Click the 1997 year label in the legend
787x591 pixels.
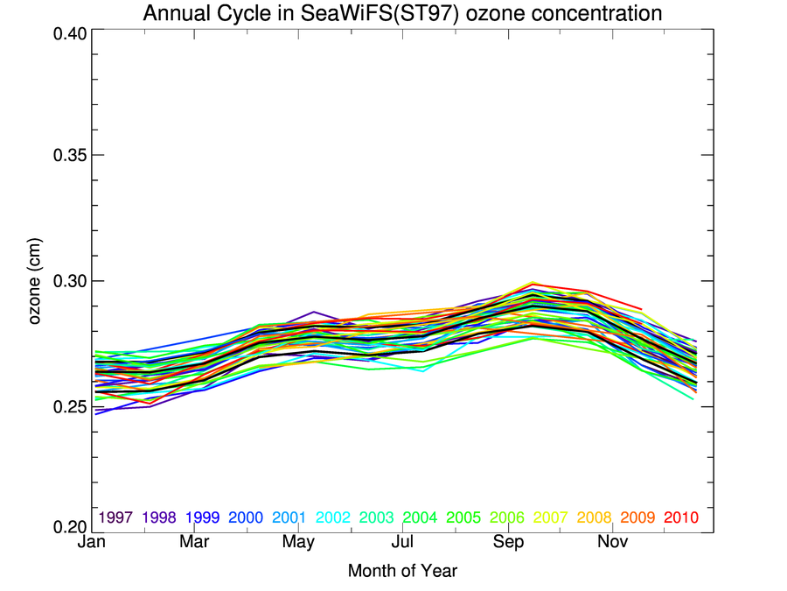(x=116, y=517)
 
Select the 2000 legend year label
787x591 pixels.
(x=247, y=517)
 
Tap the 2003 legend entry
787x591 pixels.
(x=377, y=517)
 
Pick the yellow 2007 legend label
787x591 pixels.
(x=551, y=517)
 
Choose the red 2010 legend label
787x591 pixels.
(x=681, y=517)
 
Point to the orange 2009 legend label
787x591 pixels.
(x=637, y=517)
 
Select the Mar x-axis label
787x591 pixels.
(x=194, y=544)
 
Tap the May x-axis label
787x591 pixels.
(x=298, y=544)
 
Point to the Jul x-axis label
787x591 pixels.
(x=402, y=544)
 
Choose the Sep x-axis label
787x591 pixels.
(x=508, y=544)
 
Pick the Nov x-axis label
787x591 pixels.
(x=613, y=544)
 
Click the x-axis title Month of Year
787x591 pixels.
(x=402, y=572)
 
